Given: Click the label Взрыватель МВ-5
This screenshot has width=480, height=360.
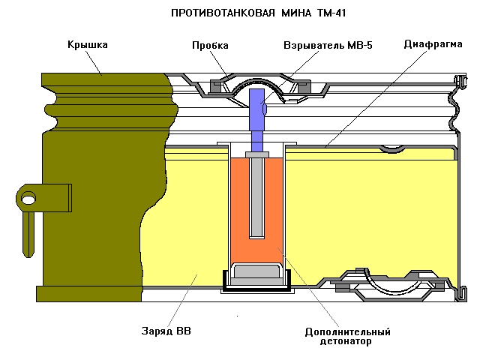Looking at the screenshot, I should click(x=327, y=46).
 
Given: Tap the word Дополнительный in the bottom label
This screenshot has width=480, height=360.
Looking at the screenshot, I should click(x=347, y=331).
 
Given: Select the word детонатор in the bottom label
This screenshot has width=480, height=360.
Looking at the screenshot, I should click(x=347, y=341).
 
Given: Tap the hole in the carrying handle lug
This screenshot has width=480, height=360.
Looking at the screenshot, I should click(x=28, y=199).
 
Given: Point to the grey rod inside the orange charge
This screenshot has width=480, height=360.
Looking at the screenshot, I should click(x=256, y=195).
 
